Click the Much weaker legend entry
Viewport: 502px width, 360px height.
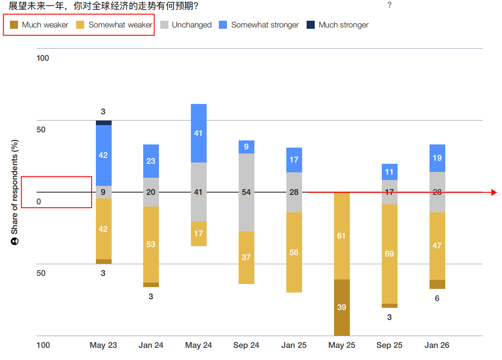(x=40, y=25)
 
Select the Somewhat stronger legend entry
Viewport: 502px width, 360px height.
(x=259, y=25)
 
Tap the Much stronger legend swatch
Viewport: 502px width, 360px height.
(x=311, y=25)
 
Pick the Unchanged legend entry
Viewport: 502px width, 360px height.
(x=186, y=25)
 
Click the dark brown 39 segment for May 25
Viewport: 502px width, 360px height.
(x=342, y=307)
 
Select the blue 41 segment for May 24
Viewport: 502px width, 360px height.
(x=199, y=133)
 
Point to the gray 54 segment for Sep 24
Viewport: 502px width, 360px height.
(x=246, y=192)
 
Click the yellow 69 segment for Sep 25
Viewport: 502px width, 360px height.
(x=389, y=254)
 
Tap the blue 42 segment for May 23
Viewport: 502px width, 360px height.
(x=104, y=155)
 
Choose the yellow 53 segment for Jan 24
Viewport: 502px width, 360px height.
(x=151, y=244)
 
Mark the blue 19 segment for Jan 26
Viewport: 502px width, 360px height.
(x=437, y=158)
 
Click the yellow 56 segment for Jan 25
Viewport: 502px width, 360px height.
(x=294, y=252)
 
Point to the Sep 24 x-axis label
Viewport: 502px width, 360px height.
(x=246, y=345)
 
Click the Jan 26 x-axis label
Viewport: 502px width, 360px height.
(x=437, y=345)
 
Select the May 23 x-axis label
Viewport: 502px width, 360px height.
(x=103, y=345)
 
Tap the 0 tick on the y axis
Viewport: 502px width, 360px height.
(x=39, y=202)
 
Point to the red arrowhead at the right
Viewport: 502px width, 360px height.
(x=494, y=193)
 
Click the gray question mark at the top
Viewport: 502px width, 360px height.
(x=389, y=5)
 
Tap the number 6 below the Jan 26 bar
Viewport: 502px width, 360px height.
(x=437, y=298)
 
